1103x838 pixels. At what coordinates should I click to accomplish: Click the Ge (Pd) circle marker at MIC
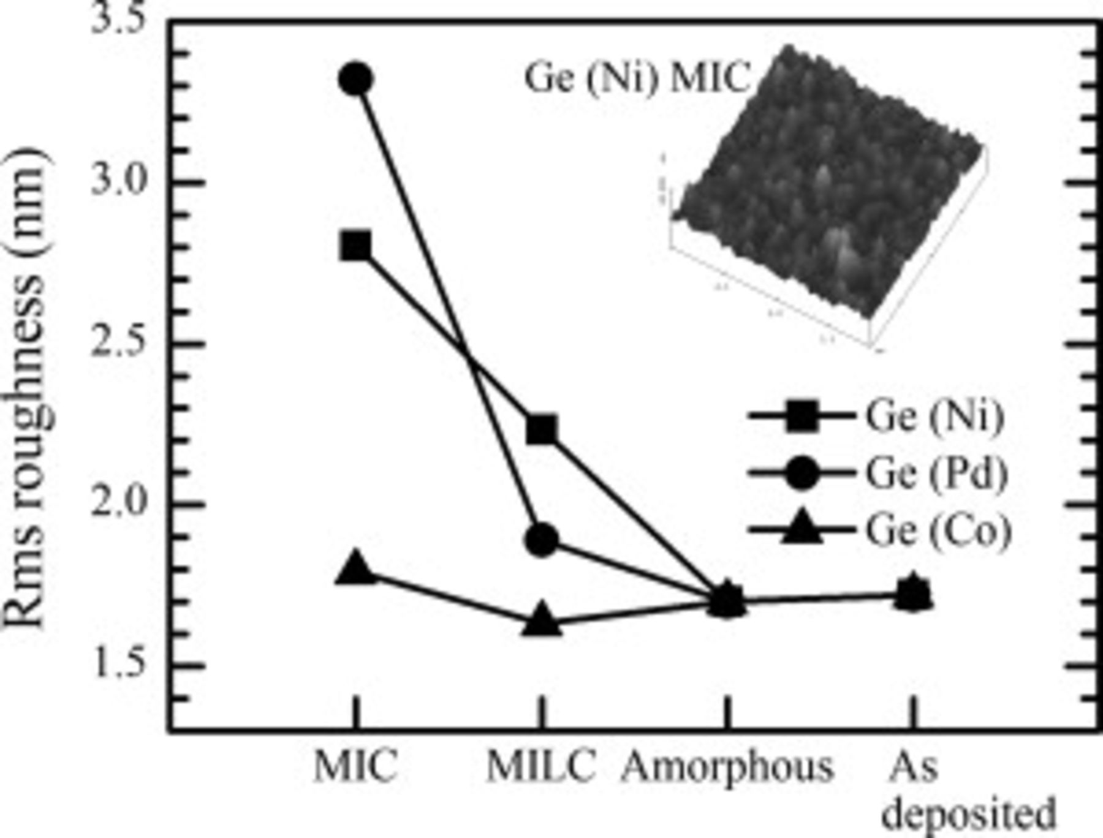tap(356, 79)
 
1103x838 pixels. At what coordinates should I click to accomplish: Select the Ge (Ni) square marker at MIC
tap(356, 247)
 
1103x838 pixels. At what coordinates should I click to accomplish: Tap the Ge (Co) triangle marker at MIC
tap(356, 568)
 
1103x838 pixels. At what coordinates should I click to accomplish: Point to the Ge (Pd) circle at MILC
tap(542, 540)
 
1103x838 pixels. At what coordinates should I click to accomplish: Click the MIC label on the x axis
tap(355, 766)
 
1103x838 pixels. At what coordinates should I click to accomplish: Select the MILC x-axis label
tap(540, 766)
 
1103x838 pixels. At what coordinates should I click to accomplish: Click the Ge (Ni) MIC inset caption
tap(637, 78)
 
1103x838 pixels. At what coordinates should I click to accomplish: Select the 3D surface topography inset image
tap(827, 196)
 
